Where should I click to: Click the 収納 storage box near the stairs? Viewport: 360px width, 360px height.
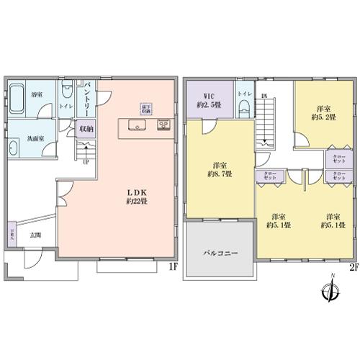tap(86, 130)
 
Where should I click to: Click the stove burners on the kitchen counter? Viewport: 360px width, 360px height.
tap(163, 127)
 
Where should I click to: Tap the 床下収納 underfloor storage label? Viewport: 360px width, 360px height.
tap(145, 109)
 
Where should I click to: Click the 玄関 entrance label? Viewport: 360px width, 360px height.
tap(35, 235)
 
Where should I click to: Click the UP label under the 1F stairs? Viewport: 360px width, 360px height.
tap(86, 161)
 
